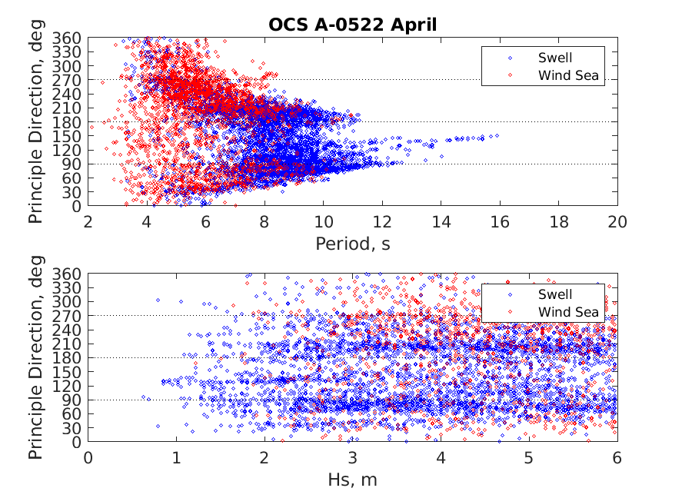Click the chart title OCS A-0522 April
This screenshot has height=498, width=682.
(x=352, y=25)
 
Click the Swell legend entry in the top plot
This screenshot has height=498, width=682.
(x=554, y=58)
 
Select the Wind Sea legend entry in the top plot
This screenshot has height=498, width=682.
(x=567, y=75)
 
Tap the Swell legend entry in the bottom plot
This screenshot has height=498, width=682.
(x=554, y=294)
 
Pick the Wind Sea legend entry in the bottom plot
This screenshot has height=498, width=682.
(x=567, y=311)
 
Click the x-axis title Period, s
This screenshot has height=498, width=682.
(x=353, y=244)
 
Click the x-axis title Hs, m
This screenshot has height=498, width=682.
(x=353, y=480)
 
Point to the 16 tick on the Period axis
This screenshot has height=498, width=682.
(x=500, y=223)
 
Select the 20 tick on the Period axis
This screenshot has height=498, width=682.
(x=617, y=223)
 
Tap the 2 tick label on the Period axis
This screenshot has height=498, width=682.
(x=88, y=223)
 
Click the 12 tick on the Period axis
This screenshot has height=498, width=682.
(x=382, y=223)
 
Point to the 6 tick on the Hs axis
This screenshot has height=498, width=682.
(x=617, y=459)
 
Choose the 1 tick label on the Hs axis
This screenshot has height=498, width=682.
(x=177, y=459)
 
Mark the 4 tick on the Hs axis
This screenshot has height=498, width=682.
(x=441, y=459)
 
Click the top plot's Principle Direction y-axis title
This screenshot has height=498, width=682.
(x=36, y=121)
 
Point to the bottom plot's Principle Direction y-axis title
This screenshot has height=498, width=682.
(x=36, y=357)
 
